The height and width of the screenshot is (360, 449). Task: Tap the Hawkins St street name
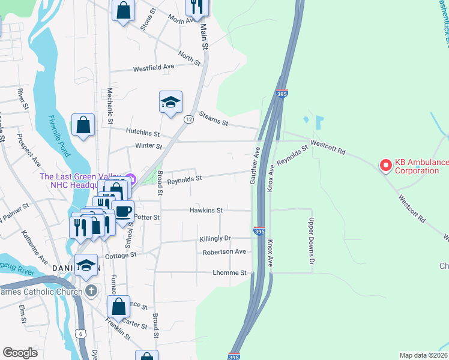click(x=206, y=211)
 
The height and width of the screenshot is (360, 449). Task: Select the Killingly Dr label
click(x=215, y=239)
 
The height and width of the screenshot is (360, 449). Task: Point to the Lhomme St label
click(x=229, y=272)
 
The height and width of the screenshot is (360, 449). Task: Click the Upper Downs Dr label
click(x=312, y=242)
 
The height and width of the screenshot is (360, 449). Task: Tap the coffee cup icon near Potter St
click(x=122, y=212)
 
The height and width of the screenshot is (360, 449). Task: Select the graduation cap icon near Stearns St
click(x=170, y=101)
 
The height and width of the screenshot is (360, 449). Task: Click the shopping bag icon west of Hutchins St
click(x=83, y=125)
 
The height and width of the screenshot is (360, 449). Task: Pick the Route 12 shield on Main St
click(x=188, y=119)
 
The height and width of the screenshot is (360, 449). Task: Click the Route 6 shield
click(x=81, y=334)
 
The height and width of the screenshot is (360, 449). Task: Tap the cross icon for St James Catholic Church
click(x=91, y=292)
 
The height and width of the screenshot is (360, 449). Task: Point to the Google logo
click(x=20, y=352)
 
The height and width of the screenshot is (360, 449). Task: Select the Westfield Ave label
click(x=153, y=67)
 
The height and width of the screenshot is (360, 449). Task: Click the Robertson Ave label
click(x=224, y=252)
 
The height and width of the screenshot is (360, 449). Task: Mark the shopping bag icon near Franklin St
click(x=119, y=306)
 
